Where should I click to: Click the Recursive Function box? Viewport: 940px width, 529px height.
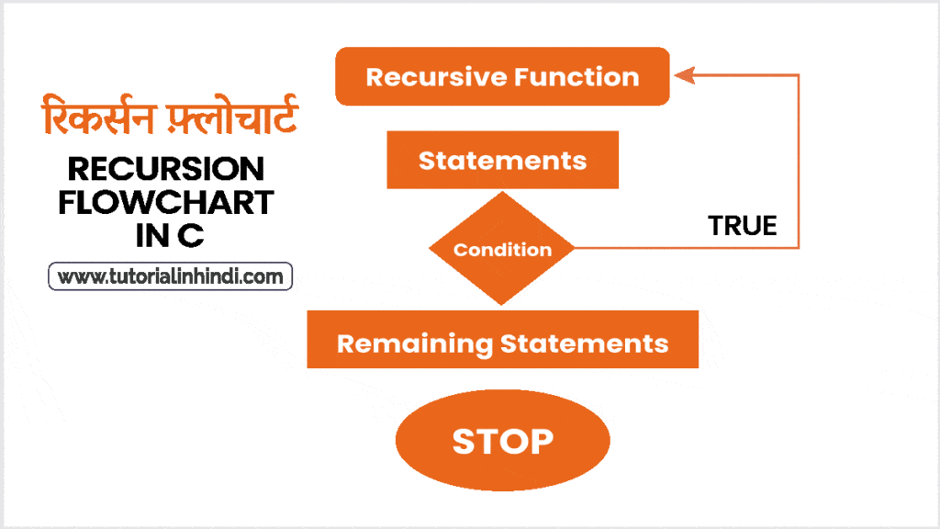pos(502,76)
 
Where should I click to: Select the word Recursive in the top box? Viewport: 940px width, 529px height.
pos(436,77)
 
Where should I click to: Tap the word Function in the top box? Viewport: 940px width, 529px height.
pos(576,77)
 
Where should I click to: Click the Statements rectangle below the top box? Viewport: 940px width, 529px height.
pos(502,160)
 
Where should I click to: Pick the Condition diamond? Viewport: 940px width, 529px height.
pos(502,248)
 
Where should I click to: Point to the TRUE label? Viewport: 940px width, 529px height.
pos(742,226)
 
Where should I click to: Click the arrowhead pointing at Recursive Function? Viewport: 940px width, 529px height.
pos(684,75)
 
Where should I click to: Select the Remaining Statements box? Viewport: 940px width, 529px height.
pos(502,340)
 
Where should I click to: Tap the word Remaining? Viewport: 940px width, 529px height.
pos(415,344)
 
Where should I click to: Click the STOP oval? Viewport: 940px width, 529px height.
pos(502,440)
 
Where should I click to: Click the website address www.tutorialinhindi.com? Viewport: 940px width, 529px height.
pos(170,276)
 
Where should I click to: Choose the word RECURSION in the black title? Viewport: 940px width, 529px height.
pos(166,169)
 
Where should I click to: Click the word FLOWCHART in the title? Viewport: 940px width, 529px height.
pos(166,202)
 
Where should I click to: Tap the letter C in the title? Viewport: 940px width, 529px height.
pos(191,235)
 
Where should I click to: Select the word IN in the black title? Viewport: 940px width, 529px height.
pos(152,235)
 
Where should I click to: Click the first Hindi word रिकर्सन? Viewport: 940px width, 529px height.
pos(98,115)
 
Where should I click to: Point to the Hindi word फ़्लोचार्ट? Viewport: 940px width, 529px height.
pos(231,115)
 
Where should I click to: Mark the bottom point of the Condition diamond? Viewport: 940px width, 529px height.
pos(502,305)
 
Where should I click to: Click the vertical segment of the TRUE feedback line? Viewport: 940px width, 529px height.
pos(799,161)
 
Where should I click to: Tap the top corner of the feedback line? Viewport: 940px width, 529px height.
pos(799,75)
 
